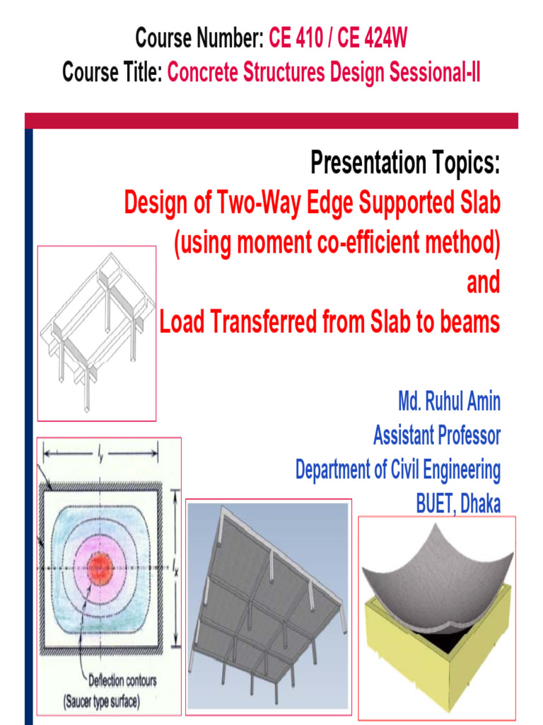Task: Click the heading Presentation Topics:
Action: tap(404, 164)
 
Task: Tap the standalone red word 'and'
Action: tap(483, 283)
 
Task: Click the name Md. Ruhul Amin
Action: tap(449, 402)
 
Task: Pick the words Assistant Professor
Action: tap(436, 435)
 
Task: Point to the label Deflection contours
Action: tap(122, 682)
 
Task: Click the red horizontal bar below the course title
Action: tap(271, 120)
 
